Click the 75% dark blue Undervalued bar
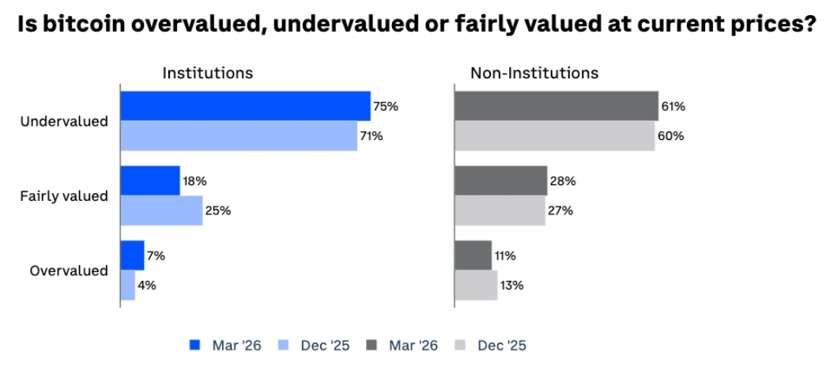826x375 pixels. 245,106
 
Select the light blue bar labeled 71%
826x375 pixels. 239,136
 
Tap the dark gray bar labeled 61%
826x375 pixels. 556,106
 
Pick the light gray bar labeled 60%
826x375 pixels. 554,136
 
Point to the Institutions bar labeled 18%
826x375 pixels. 150,181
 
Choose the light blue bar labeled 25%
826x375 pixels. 161,210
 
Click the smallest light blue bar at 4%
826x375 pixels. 127,285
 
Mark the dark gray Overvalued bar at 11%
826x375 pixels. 473,256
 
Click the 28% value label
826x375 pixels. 564,181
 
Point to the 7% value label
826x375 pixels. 157,256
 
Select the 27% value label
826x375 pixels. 562,210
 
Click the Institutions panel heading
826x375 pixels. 207,73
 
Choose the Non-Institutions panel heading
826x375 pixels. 534,73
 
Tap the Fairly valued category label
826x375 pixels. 64,195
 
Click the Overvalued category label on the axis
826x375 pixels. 69,271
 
